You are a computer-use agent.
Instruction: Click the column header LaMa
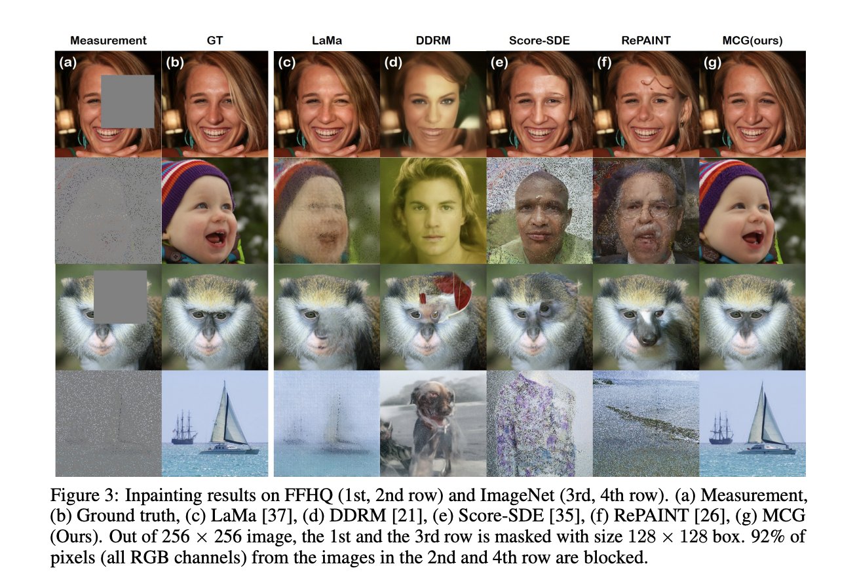tap(326, 40)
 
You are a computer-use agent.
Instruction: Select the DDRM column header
tap(432, 40)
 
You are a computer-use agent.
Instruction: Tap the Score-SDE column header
tap(539, 40)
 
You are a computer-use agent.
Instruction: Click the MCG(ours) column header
tap(752, 40)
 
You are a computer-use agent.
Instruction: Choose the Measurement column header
tap(108, 40)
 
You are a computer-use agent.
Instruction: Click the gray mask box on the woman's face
tap(127, 101)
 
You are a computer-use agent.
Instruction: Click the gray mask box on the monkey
tap(120, 297)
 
